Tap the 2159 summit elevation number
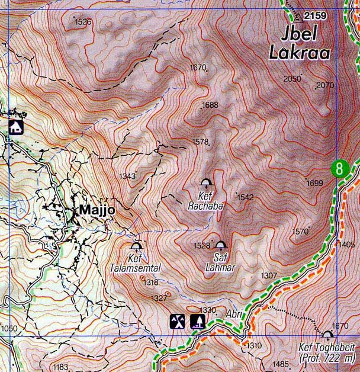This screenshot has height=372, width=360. coord(315,16)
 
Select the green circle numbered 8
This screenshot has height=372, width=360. coord(339,168)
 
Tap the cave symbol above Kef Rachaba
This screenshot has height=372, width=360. coord(206,183)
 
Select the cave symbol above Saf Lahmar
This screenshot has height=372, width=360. coord(221,245)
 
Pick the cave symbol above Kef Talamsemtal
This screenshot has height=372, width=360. coord(136,246)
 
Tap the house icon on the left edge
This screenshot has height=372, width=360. coord(15,126)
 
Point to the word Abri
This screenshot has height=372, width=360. coord(234,315)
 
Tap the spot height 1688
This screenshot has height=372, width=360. coord(210,105)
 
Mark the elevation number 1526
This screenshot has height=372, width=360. coord(83,22)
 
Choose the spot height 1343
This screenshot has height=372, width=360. coord(127,176)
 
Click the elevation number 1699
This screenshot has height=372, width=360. coord(315,184)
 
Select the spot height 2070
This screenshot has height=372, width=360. coord(325,85)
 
